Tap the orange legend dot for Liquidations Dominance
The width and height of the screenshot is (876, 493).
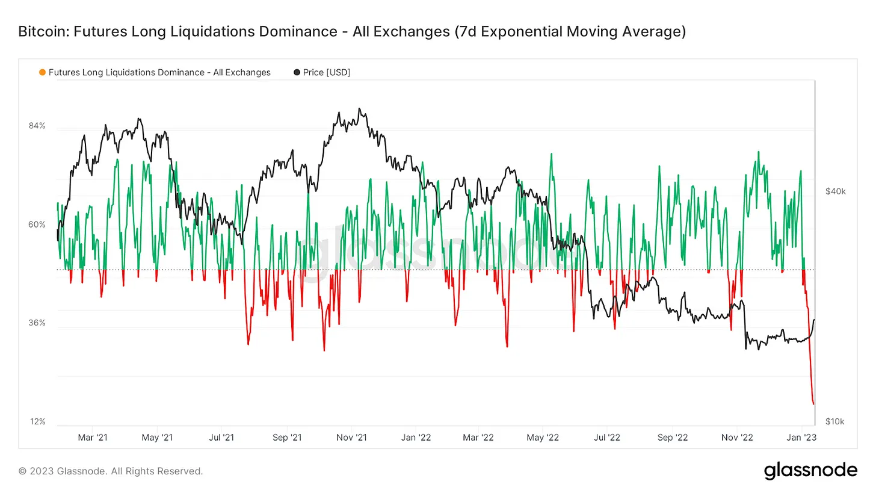click(x=42, y=72)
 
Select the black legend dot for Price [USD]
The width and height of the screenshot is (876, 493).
click(x=297, y=72)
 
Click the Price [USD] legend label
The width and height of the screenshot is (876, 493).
click(x=327, y=72)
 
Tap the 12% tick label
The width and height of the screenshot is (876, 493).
click(x=38, y=421)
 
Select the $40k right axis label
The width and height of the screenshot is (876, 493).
click(x=835, y=191)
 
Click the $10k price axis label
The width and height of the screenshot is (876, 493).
click(x=835, y=421)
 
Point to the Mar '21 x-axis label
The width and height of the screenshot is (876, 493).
click(x=94, y=438)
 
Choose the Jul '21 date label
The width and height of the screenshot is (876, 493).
click(x=221, y=438)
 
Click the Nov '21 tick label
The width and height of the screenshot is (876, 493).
click(x=351, y=438)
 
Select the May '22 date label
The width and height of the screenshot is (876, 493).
click(x=543, y=438)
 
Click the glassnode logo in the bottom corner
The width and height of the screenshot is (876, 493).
click(x=810, y=471)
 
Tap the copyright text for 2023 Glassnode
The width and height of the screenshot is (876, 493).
click(x=111, y=471)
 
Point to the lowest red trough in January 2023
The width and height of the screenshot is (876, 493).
click(x=813, y=404)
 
